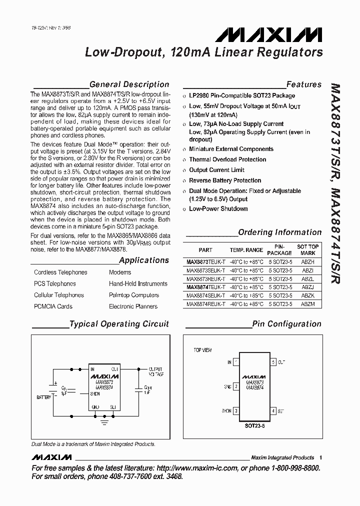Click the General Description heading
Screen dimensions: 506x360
[x=129, y=84]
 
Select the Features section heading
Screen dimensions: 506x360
[x=303, y=84]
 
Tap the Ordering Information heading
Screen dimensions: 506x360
[x=279, y=232]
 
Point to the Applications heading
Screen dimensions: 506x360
[x=144, y=260]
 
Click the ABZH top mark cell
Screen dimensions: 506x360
[x=308, y=261]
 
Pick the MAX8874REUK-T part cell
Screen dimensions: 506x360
[x=205, y=303]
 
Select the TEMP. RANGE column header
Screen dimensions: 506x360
[x=246, y=250]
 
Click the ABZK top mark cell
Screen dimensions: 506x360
[x=308, y=295]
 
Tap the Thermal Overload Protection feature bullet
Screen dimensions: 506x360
[x=227, y=159]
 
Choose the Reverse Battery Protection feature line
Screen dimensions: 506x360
[x=225, y=180]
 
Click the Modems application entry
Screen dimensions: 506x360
[x=120, y=272]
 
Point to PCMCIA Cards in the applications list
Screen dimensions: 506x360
[x=53, y=306]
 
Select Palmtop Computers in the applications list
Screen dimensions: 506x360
[x=134, y=295]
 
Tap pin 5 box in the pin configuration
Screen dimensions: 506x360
[x=273, y=361]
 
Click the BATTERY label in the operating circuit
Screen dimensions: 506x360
[x=43, y=397]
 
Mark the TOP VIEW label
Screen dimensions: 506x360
[x=203, y=350]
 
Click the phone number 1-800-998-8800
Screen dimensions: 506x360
[x=291, y=468]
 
